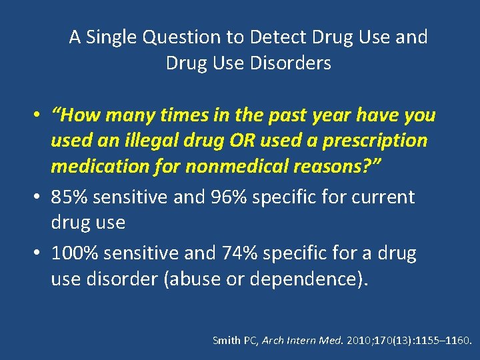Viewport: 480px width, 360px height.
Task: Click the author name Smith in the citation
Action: [x=225, y=341]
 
